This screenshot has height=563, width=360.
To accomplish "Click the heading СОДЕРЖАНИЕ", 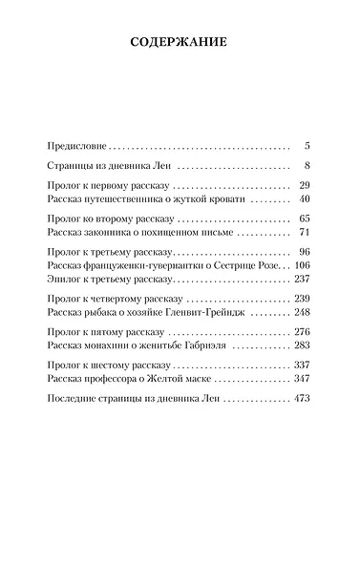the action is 180,43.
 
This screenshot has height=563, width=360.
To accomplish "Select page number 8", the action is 307,167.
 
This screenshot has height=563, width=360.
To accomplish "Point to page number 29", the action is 305,186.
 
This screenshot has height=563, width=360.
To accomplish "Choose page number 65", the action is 305,219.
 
